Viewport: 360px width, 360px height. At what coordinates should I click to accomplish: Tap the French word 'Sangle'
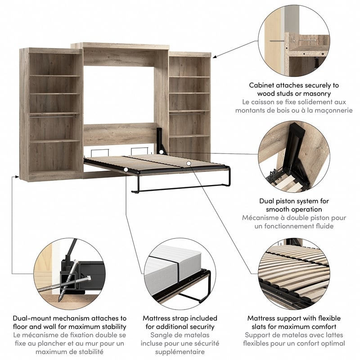tap(162, 335)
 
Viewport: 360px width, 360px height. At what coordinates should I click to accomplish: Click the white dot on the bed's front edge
tap(126, 170)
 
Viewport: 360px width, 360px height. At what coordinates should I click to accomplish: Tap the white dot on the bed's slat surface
tap(189, 163)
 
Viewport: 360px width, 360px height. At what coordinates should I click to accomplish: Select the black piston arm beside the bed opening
tap(161, 138)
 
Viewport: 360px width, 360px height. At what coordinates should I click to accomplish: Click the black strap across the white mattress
tap(177, 273)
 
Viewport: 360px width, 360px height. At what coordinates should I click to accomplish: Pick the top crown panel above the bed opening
tap(120, 46)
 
